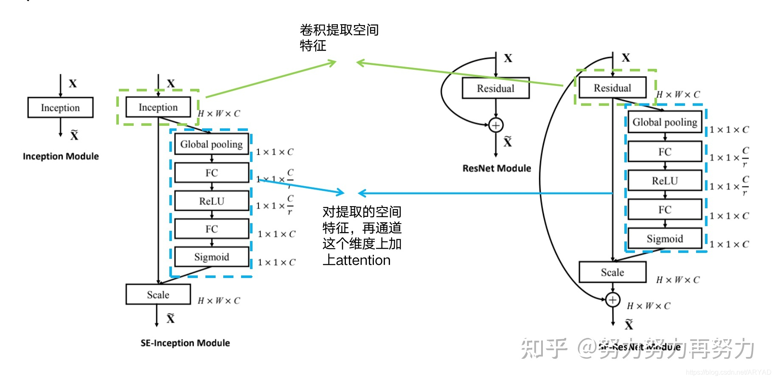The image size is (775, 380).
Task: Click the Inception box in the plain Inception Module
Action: click(x=60, y=108)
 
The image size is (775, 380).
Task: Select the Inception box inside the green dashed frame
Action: click(x=158, y=107)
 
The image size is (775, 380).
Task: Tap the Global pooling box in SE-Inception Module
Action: click(x=211, y=144)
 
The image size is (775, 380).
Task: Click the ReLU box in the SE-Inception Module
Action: click(x=211, y=201)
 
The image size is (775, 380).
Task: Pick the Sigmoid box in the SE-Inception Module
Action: click(x=211, y=257)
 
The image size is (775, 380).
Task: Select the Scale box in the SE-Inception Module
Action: click(x=158, y=295)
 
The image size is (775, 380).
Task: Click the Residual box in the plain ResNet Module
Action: click(x=495, y=88)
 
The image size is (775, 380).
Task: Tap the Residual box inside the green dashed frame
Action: click(x=612, y=88)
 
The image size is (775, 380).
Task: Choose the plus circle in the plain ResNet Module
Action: click(x=496, y=125)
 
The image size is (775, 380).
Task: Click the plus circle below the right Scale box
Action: click(x=612, y=300)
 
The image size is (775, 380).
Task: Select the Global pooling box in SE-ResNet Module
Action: click(x=665, y=122)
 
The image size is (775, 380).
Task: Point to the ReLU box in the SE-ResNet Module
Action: click(x=665, y=181)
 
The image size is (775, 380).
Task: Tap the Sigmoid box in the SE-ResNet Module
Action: click(x=665, y=238)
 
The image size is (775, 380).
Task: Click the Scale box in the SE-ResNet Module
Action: click(x=612, y=272)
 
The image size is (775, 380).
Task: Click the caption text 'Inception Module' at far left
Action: click(x=61, y=156)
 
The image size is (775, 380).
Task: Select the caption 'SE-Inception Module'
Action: click(x=185, y=343)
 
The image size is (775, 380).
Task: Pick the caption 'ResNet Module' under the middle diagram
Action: click(x=497, y=168)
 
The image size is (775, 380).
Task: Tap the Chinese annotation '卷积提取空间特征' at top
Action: click(x=338, y=37)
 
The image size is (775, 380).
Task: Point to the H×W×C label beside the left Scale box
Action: click(x=219, y=301)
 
